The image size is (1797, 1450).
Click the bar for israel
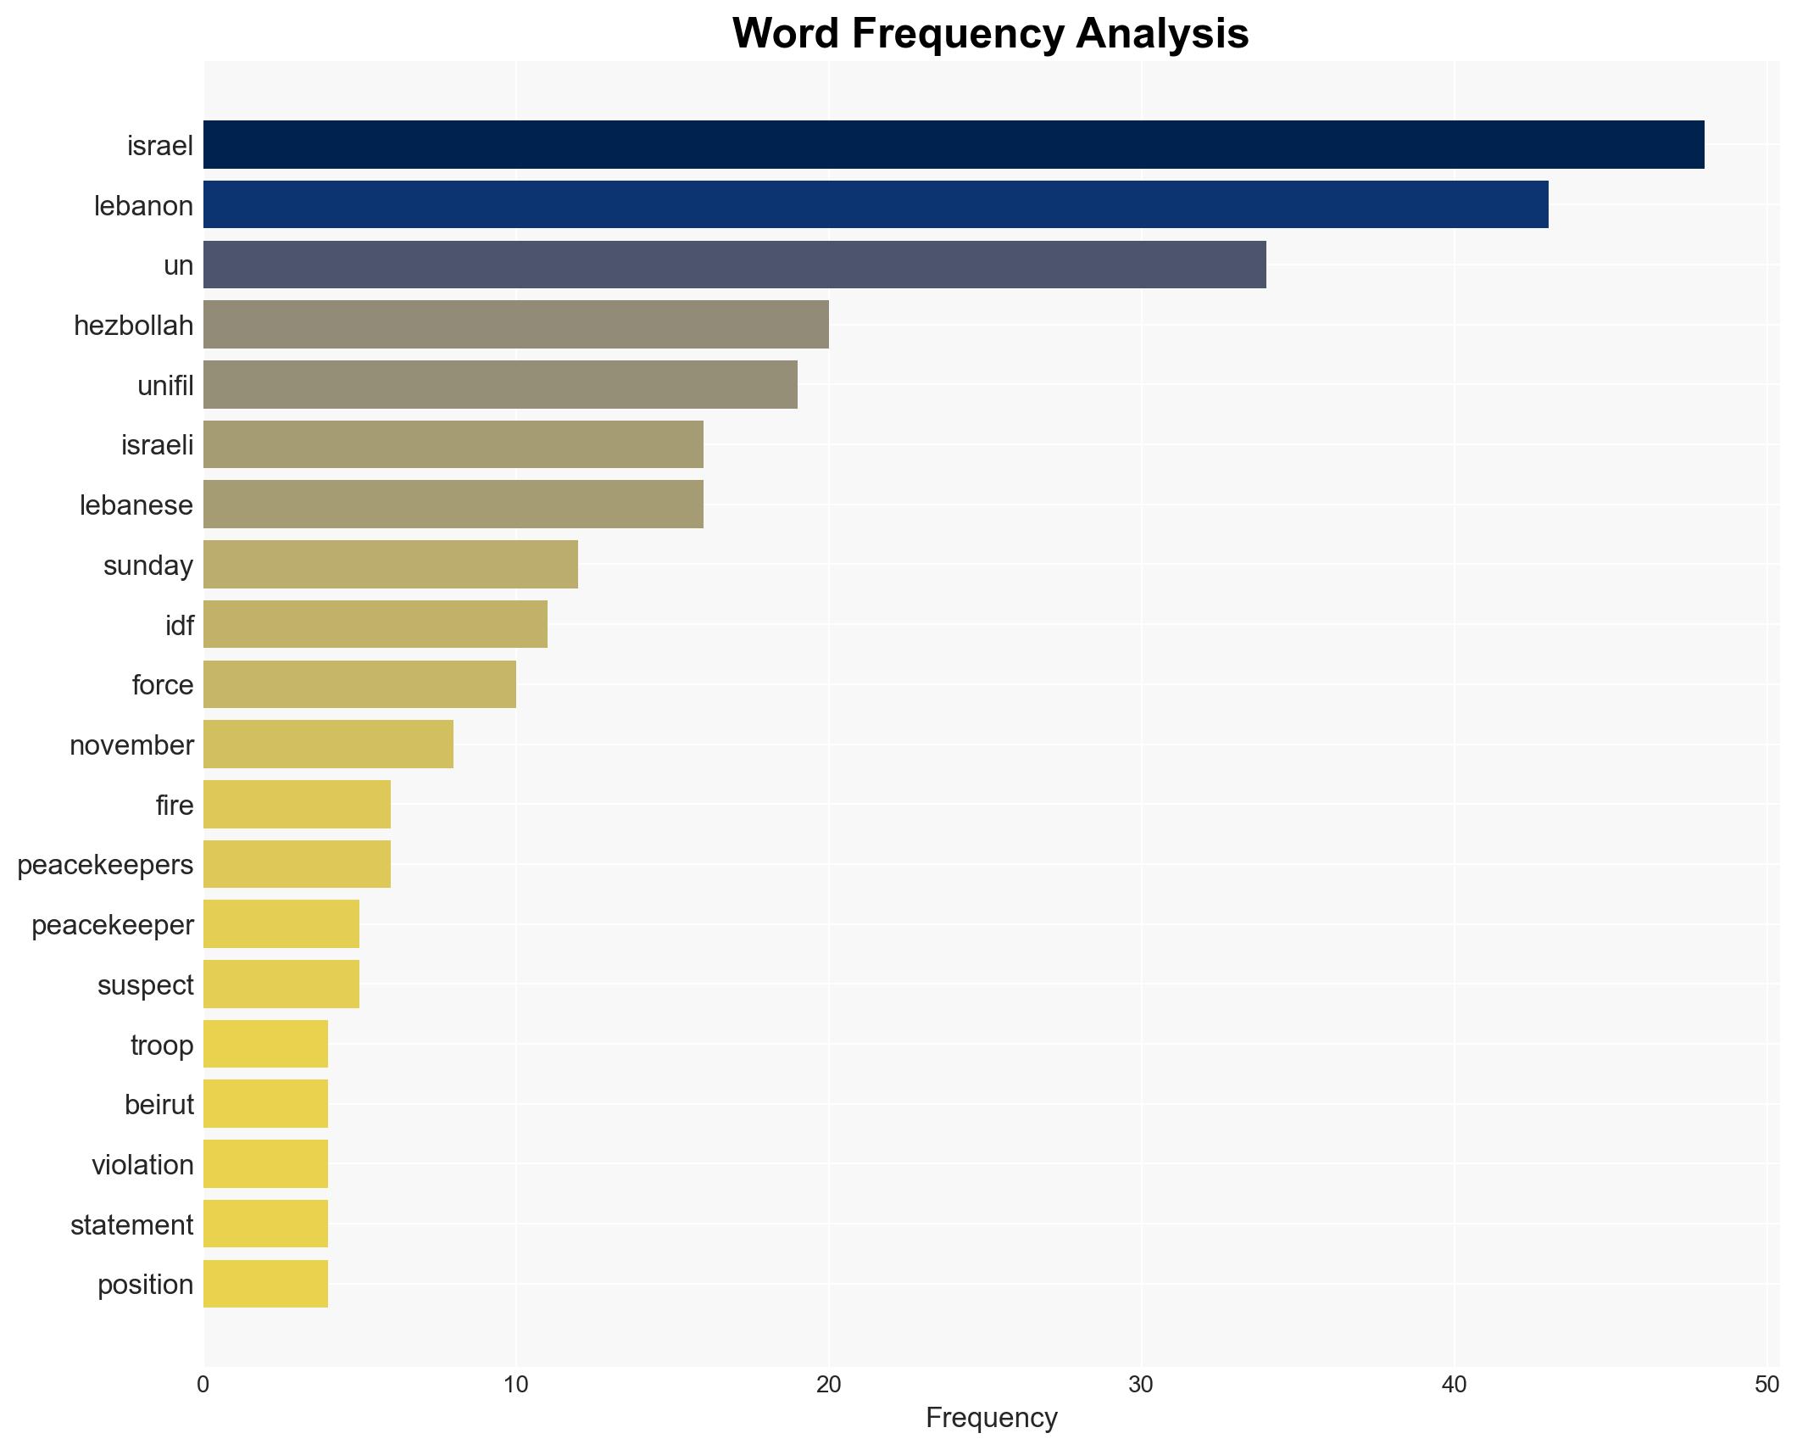pos(953,145)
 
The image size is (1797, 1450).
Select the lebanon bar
pos(875,205)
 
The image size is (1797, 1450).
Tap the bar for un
pos(734,265)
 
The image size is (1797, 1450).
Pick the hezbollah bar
pos(515,325)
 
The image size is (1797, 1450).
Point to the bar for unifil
pos(500,385)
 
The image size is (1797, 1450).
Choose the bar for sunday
pos(390,565)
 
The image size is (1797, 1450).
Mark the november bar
pos(328,745)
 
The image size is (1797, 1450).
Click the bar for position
pos(265,1284)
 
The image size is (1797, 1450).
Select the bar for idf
pos(375,625)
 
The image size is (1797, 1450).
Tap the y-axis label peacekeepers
pos(105,865)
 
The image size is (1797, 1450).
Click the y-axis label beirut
pos(159,1105)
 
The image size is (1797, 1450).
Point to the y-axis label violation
pos(142,1165)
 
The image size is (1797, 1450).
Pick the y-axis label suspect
pos(145,985)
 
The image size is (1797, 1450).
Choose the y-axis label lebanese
pos(136,505)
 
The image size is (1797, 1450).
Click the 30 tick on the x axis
pos(1141,1385)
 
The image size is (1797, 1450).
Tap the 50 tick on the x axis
pos(1766,1385)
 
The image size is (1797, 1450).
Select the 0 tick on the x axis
pos(203,1385)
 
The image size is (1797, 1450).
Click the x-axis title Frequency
pos(991,1418)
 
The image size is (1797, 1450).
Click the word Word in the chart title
pos(787,34)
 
